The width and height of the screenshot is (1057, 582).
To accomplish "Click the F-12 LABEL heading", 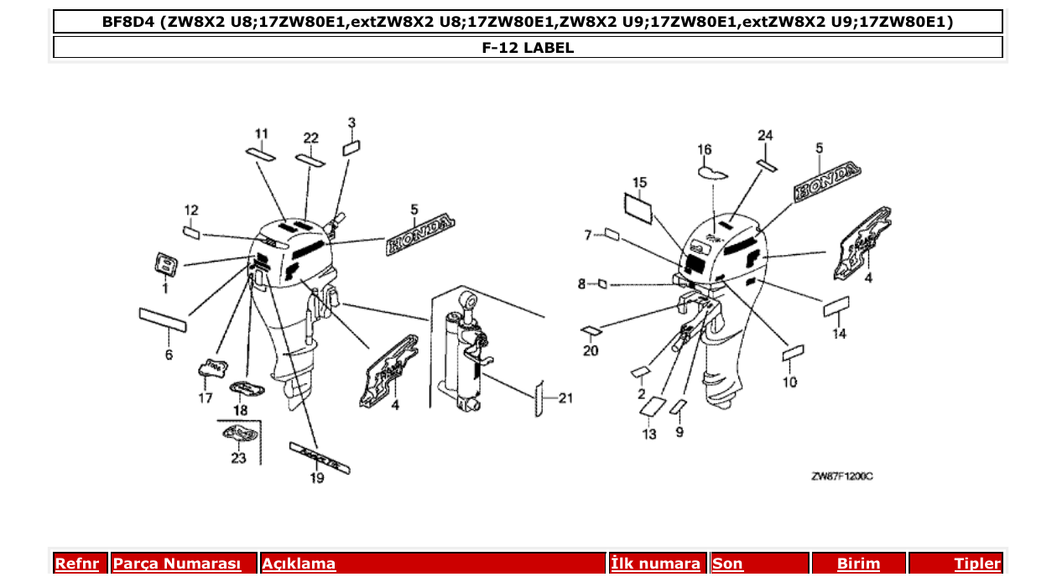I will (528, 48).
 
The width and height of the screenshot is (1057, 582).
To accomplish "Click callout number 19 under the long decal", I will (316, 479).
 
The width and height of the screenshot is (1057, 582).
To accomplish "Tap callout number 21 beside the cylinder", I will (565, 398).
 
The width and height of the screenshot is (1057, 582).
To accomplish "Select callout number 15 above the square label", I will (639, 182).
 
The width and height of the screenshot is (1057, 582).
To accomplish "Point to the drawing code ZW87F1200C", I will (842, 476).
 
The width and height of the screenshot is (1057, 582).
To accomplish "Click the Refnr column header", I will (77, 564).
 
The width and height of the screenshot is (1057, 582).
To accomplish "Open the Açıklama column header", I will (299, 564).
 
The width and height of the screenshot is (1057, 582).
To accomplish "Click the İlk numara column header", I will (655, 564).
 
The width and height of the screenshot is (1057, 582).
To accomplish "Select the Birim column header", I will (858, 564).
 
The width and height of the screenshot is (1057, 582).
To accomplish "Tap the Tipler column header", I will (977, 564).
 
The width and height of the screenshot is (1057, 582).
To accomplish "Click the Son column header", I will (727, 564).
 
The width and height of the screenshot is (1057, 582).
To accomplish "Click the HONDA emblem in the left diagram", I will (419, 235).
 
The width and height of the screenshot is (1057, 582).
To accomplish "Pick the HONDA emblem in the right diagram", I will (827, 182).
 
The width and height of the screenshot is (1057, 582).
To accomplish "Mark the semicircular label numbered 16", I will (711, 173).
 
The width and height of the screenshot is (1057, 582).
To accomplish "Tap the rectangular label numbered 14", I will (836, 306).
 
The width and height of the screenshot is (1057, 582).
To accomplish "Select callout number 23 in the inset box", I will (238, 458).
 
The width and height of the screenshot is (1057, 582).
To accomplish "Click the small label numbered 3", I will (351, 148).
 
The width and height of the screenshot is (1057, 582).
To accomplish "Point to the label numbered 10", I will (793, 354).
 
